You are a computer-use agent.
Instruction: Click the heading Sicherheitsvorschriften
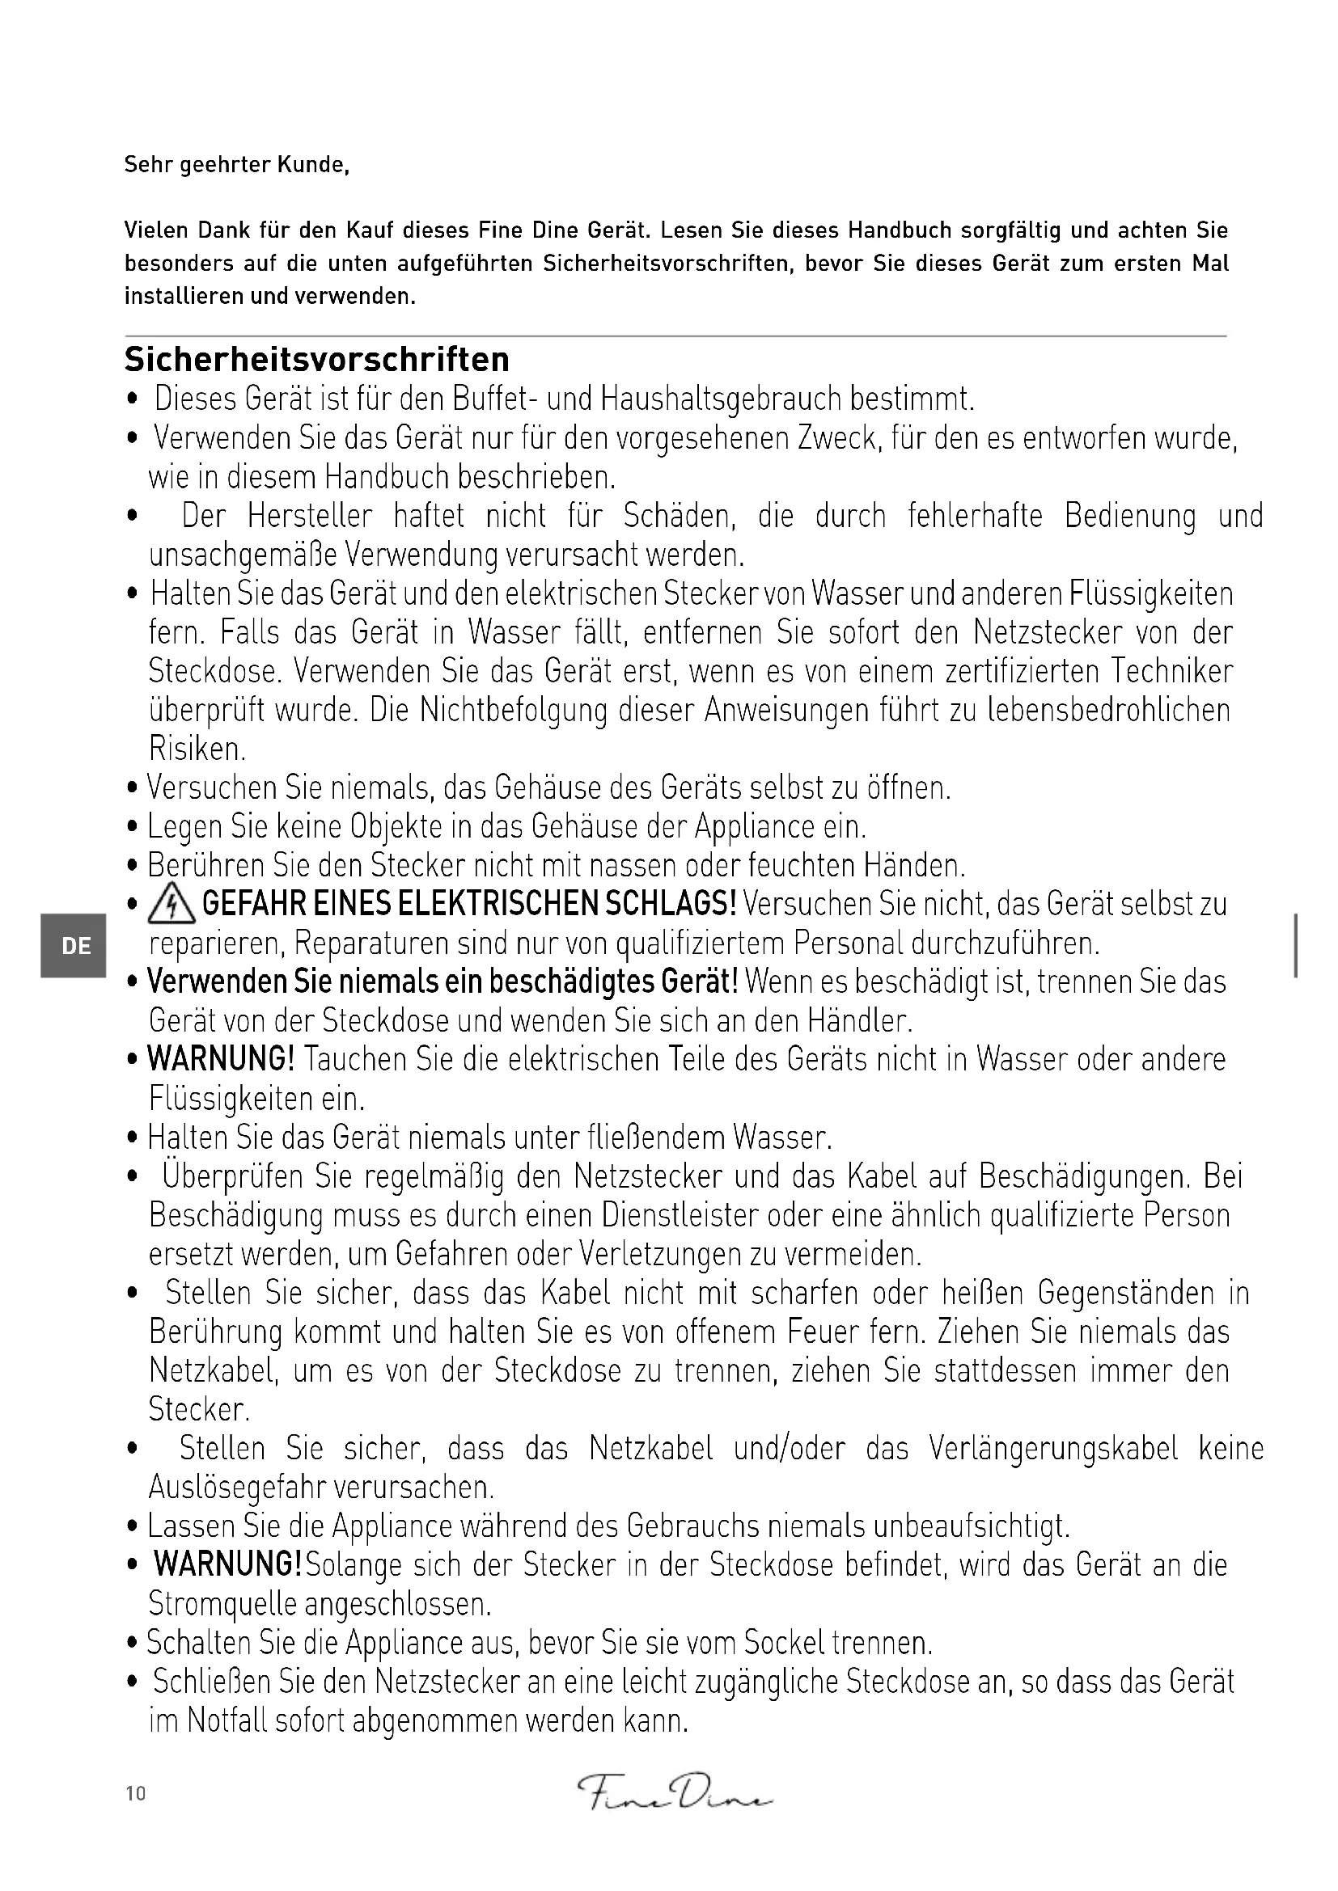click(x=316, y=360)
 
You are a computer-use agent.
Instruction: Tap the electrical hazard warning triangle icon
click(x=171, y=905)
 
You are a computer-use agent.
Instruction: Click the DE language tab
click(x=76, y=946)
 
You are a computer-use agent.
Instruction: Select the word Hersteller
click(x=310, y=517)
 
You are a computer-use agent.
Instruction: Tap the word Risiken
click(x=197, y=749)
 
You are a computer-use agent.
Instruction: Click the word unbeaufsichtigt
click(x=971, y=1526)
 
